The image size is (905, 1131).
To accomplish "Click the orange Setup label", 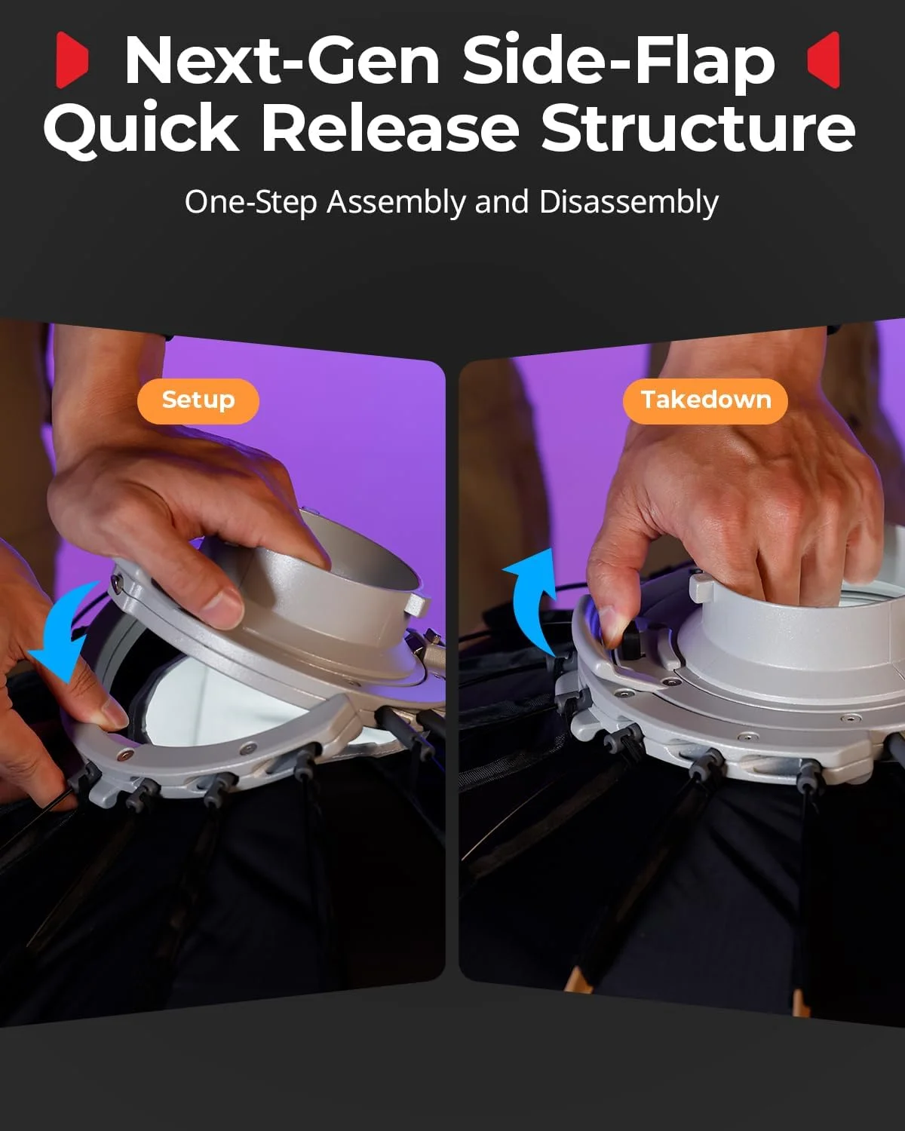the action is [198, 401].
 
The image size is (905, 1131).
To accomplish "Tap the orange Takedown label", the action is [705, 401].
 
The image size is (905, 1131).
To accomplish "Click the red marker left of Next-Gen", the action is [72, 60].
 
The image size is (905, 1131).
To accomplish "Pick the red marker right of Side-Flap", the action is [824, 60].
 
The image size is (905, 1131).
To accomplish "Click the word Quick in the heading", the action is [141, 127].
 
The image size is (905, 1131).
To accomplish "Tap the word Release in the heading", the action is [390, 127].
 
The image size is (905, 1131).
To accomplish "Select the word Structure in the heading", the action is [698, 127].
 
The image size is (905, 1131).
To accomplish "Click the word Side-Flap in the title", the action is [619, 62].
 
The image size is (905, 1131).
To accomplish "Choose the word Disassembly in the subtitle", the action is [629, 204].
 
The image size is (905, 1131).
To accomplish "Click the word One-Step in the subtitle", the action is [251, 204].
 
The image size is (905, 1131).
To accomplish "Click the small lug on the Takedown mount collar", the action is [701, 587].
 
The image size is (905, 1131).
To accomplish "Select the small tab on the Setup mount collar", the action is [418, 606].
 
